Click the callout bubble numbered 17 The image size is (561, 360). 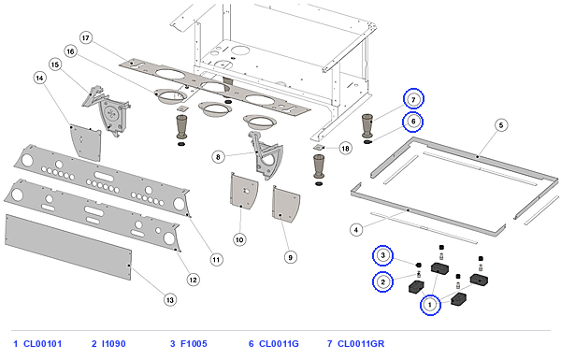[86, 38]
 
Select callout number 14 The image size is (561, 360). [39, 78]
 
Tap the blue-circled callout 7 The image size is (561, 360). [413, 99]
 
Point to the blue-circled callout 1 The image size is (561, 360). [430, 305]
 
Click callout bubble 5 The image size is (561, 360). [501, 125]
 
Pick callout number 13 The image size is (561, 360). [169, 300]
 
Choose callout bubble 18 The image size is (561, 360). [345, 148]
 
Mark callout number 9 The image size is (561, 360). [290, 257]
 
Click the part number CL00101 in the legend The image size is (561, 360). [43, 344]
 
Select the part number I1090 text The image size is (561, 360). [114, 344]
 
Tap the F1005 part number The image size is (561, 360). [194, 344]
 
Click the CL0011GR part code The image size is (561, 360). [361, 344]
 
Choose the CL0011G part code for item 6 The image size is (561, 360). [279, 344]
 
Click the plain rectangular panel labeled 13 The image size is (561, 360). [68, 247]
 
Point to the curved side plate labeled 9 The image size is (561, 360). [285, 204]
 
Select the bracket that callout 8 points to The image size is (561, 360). [266, 156]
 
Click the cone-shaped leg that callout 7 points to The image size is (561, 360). [367, 126]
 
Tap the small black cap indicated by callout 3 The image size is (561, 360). [418, 266]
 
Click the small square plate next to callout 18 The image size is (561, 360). [319, 147]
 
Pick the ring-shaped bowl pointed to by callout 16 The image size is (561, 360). [170, 96]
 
